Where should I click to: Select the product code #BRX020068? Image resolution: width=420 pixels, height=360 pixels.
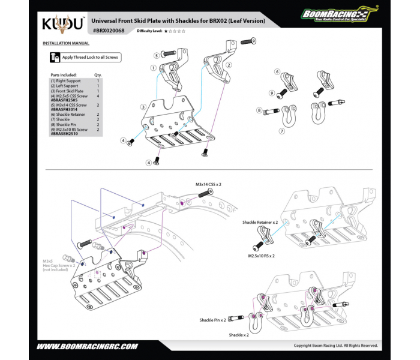pos(109,30)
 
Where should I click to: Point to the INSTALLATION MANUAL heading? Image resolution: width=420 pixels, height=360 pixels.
pos(66,43)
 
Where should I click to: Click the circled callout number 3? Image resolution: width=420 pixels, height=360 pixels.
pos(143,106)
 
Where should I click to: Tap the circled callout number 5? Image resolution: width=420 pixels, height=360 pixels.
pos(155,55)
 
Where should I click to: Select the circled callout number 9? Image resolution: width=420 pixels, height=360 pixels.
pos(271,93)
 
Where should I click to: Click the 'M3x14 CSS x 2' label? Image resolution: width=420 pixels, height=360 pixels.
pos(208,185)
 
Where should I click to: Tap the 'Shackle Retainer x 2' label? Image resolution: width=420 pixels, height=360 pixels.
pos(259,222)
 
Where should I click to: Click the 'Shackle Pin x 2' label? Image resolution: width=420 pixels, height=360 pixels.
pos(213,320)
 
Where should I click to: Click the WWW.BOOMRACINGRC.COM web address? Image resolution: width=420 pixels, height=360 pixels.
pos(88,347)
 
